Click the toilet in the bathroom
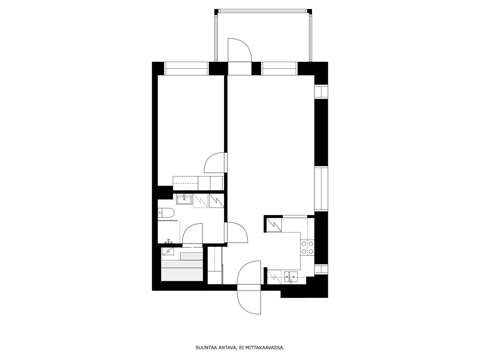click(x=166, y=213)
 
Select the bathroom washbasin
click(x=184, y=199)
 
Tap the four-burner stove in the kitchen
click(x=307, y=248)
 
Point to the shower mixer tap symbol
click(x=168, y=241)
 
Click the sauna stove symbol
click(x=168, y=251)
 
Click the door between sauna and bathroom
click(x=192, y=234)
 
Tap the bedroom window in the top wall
click(x=186, y=69)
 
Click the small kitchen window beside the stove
click(x=321, y=269)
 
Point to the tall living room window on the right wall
click(x=321, y=189)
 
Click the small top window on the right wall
click(x=321, y=91)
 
